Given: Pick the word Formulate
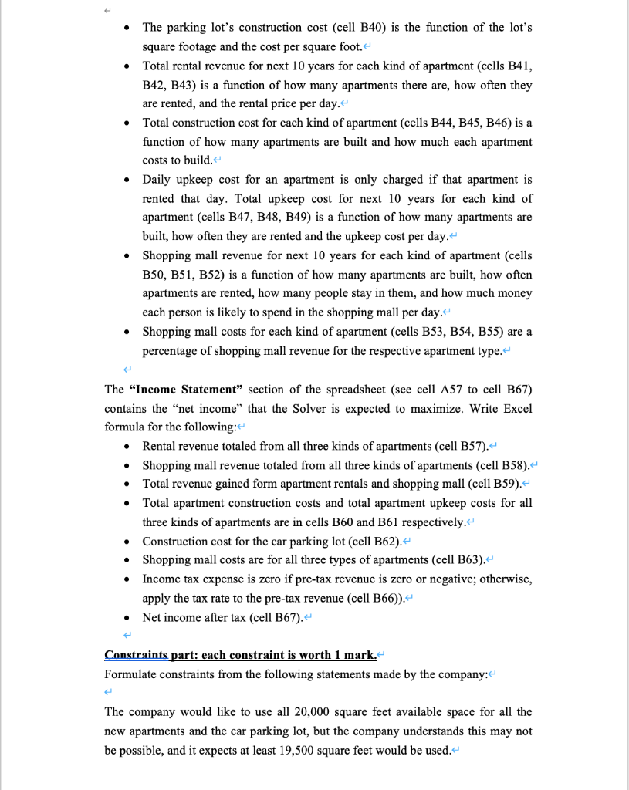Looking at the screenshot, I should click(x=130, y=674).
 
